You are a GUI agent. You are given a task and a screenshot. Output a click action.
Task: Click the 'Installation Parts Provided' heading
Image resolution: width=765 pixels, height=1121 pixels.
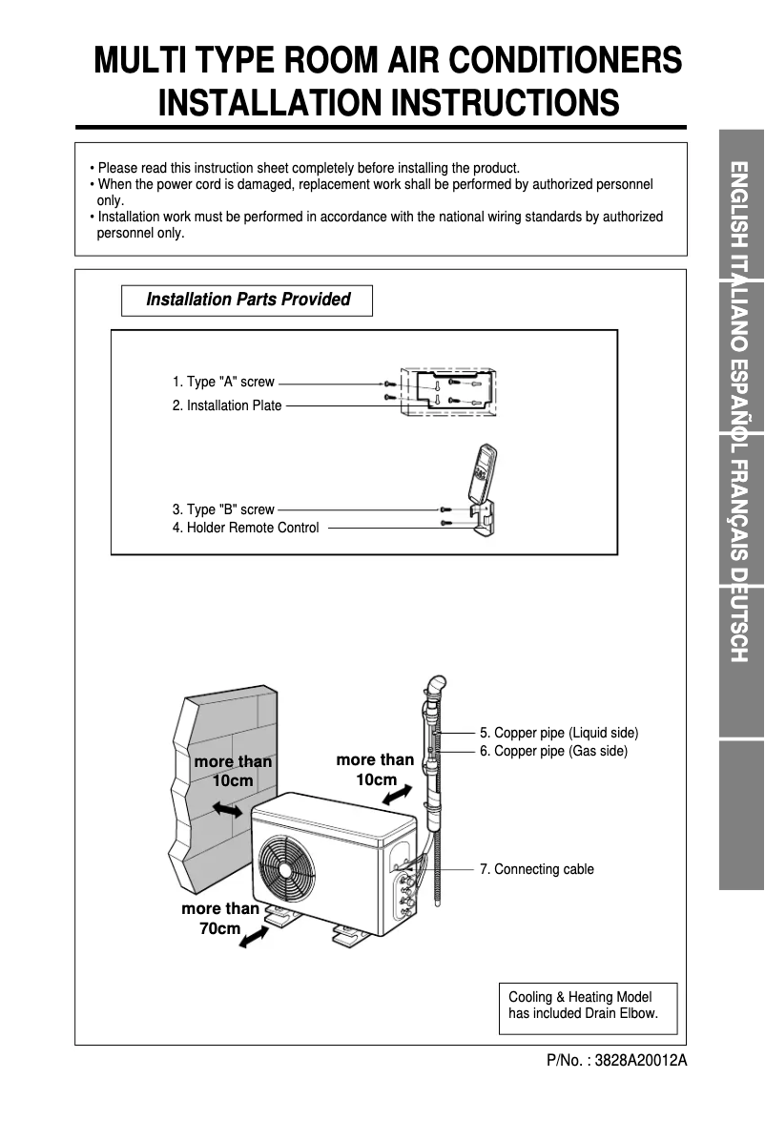(247, 300)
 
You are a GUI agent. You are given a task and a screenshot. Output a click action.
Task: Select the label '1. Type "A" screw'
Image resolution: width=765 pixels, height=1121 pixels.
(223, 382)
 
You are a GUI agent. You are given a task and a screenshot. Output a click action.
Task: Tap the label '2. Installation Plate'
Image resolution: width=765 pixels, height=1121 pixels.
(227, 405)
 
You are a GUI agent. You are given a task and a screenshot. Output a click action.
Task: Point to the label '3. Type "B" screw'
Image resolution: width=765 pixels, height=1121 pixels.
(223, 509)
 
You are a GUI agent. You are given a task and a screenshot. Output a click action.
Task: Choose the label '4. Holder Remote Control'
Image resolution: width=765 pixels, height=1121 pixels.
(246, 528)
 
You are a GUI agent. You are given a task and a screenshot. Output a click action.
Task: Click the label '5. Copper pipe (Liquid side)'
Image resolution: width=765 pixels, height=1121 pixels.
(559, 733)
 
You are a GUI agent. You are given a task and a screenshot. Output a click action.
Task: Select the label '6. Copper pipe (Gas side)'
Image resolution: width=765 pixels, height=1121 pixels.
(553, 751)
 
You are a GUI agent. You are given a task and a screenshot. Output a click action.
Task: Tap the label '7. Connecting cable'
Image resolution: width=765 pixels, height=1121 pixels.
(537, 869)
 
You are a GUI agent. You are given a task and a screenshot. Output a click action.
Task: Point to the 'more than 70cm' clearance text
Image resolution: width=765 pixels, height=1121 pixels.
(220, 918)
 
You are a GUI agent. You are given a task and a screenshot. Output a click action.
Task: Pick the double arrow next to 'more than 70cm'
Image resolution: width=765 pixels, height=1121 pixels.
(253, 940)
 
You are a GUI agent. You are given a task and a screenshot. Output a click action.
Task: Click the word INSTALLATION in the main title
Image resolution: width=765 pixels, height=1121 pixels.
(268, 102)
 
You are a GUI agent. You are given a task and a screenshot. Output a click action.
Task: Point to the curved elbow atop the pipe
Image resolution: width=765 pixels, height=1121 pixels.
(435, 686)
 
